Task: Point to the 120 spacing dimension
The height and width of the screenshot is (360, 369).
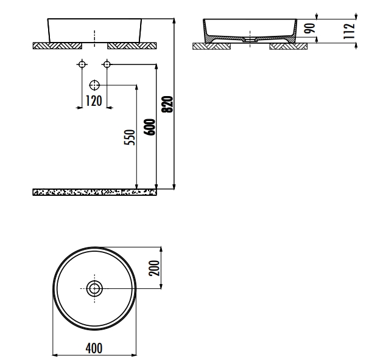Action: tap(93, 102)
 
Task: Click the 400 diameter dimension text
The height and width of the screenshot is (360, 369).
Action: tap(94, 348)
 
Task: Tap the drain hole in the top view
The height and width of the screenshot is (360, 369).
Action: tap(94, 288)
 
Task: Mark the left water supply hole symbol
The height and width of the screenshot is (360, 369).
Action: tap(81, 64)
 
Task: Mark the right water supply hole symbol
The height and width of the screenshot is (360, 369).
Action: tap(107, 64)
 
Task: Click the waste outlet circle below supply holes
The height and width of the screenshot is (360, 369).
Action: tap(94, 85)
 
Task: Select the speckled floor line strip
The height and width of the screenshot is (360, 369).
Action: tap(94, 192)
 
